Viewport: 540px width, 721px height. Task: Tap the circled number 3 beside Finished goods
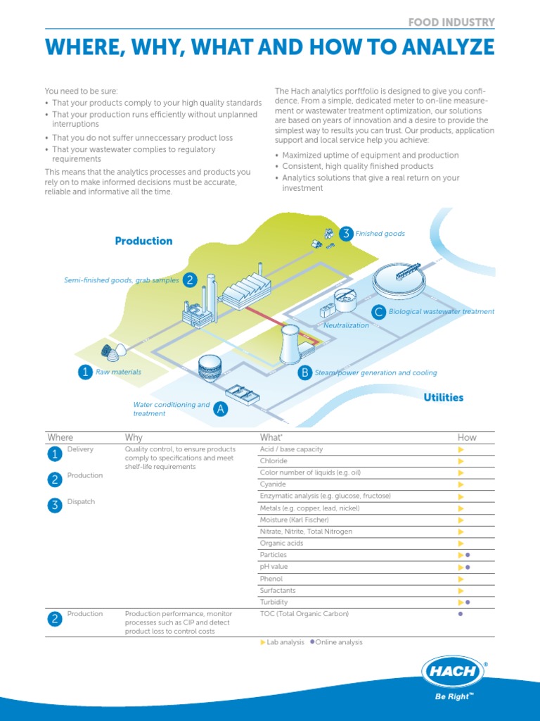pyautogui.click(x=345, y=234)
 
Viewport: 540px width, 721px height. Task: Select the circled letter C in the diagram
pyautogui.click(x=379, y=311)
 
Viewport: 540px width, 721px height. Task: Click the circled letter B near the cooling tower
pyautogui.click(x=304, y=372)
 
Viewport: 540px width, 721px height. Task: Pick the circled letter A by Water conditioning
pyautogui.click(x=221, y=409)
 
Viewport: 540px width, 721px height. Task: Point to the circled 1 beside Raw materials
pyautogui.click(x=85, y=372)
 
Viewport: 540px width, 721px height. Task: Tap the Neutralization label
pyautogui.click(x=346, y=326)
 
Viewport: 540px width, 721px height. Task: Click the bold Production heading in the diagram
pyautogui.click(x=143, y=241)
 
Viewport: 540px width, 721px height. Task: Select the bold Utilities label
pyautogui.click(x=443, y=397)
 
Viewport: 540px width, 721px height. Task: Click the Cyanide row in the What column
pyautogui.click(x=273, y=484)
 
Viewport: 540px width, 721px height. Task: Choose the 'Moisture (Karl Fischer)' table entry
pyautogui.click(x=294, y=520)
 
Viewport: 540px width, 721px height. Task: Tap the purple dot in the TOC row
pyautogui.click(x=461, y=614)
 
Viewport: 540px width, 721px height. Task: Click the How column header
pyautogui.click(x=467, y=437)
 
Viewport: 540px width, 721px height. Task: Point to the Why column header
pyautogui.click(x=134, y=437)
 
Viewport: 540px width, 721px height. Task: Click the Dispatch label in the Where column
pyautogui.click(x=81, y=502)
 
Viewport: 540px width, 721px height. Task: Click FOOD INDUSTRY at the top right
pyautogui.click(x=451, y=23)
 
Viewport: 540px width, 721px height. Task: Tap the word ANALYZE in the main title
pyautogui.click(x=443, y=48)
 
